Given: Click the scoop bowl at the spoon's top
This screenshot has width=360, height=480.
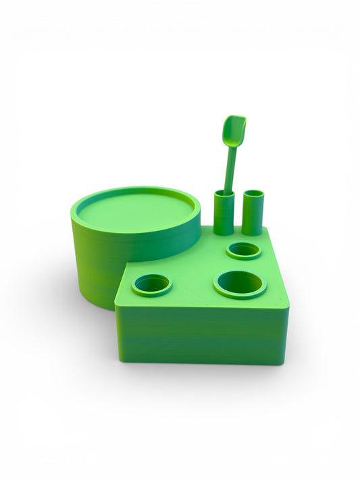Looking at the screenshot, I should pyautogui.click(x=234, y=130).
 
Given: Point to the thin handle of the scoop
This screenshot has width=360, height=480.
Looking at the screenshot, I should pyautogui.click(x=230, y=169).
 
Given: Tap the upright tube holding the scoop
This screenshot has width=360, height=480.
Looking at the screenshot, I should pyautogui.click(x=224, y=215).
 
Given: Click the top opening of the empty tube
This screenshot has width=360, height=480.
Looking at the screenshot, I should pyautogui.click(x=253, y=194).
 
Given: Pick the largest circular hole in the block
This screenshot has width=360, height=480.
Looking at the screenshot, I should pyautogui.click(x=240, y=283).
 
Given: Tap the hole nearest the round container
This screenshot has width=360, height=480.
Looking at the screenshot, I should pyautogui.click(x=152, y=284).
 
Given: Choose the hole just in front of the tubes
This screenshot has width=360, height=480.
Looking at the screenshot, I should pyautogui.click(x=244, y=250).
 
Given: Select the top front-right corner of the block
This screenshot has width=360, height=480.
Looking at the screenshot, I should pyautogui.click(x=288, y=307).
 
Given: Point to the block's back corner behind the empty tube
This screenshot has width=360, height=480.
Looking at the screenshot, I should pyautogui.click(x=268, y=227).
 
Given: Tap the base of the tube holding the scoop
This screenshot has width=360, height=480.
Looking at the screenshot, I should pyautogui.click(x=224, y=232).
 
